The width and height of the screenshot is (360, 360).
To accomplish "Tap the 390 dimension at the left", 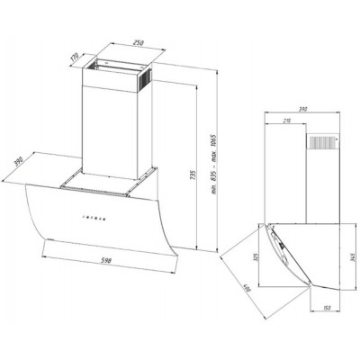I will pyautogui.click(x=19, y=164).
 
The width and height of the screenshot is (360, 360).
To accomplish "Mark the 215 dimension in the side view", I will pyautogui.click(x=287, y=121).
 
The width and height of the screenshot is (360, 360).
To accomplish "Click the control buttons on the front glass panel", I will pyautogui.click(x=93, y=217).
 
